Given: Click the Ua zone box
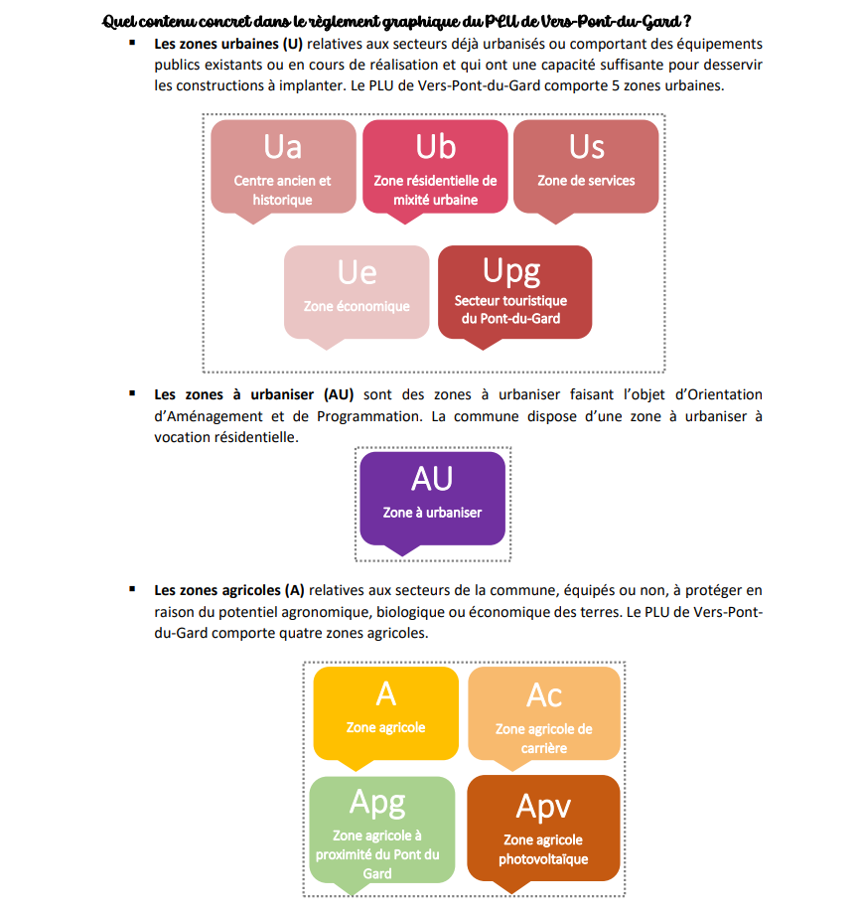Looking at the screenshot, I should [x=283, y=166].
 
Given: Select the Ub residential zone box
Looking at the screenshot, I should [x=435, y=166].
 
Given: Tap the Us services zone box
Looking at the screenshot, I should [x=586, y=166].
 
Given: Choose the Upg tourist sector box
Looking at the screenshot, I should [x=514, y=291].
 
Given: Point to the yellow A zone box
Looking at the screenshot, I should [x=385, y=712].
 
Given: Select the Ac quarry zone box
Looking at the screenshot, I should [x=543, y=712].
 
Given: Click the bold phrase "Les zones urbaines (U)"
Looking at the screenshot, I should [x=228, y=45].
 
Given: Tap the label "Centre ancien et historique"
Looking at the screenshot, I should [x=283, y=190].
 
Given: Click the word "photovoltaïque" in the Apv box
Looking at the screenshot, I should [x=543, y=859].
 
